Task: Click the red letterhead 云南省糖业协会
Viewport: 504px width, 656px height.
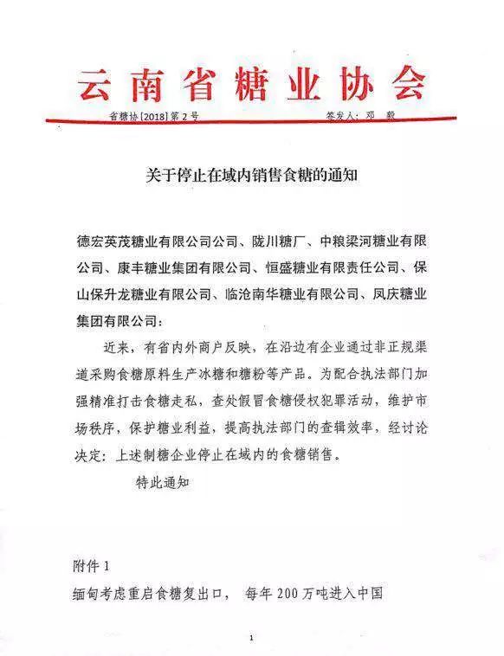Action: coord(251,84)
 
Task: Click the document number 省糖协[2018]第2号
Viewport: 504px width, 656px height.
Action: coord(153,115)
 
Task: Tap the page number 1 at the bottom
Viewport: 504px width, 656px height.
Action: coord(251,638)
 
